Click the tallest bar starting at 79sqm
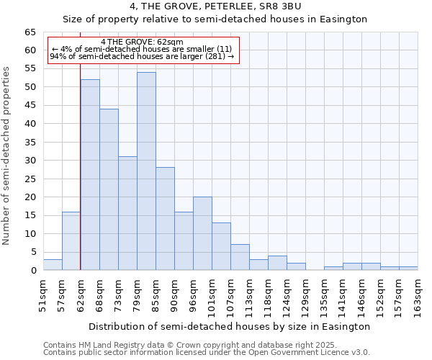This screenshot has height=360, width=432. coord(146,171)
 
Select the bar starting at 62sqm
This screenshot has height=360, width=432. coord(90,175)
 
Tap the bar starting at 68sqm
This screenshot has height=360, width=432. coord(109,189)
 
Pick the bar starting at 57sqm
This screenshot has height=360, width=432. coord(71,240)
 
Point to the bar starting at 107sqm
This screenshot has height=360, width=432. coord(240,257)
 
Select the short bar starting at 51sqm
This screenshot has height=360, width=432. coord(53,265)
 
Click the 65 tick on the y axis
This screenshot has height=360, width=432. coord(30,32)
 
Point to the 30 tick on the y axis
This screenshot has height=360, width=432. coord(30,161)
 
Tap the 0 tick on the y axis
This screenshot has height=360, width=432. coord(33,271)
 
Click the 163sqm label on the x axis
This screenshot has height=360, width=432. coord(418,296)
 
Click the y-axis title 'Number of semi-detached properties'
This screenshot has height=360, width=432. coord(7,156)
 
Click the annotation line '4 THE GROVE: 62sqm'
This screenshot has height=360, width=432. coord(142,42)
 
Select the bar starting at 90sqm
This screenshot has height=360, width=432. coord(184,240)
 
